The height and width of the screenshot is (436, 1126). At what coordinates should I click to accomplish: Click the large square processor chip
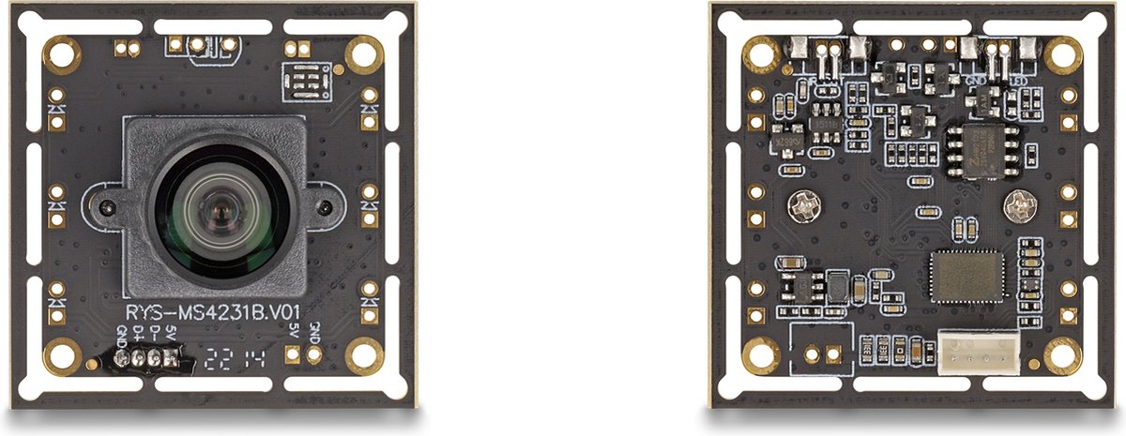tap(966, 277)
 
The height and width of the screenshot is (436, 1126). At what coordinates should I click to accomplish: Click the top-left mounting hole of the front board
tap(63, 54)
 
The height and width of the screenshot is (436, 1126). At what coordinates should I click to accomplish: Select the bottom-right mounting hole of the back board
tap(1062, 354)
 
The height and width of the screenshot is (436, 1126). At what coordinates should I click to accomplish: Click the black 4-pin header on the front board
tap(145, 358)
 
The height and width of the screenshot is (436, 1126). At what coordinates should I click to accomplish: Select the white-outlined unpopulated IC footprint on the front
tap(306, 83)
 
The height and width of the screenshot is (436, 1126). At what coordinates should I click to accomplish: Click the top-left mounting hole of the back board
tap(758, 54)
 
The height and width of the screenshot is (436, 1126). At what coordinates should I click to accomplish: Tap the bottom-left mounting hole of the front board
tap(63, 354)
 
